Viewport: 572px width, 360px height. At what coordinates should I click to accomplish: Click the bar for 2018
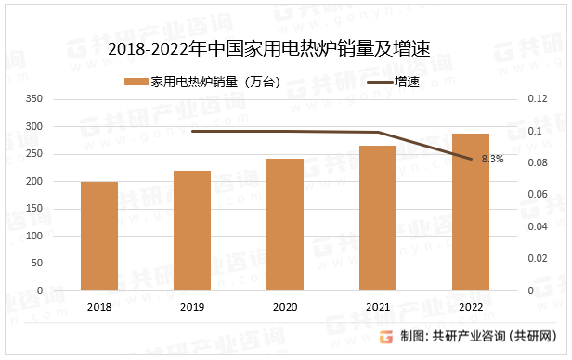(99, 236)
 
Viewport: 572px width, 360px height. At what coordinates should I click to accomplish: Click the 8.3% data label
(492, 159)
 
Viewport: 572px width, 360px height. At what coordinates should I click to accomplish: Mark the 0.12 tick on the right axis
(536, 98)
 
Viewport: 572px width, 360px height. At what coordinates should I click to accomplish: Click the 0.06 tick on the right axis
(536, 195)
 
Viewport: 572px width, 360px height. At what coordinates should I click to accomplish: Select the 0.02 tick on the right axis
(536, 259)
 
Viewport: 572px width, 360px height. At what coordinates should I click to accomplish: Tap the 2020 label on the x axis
(285, 306)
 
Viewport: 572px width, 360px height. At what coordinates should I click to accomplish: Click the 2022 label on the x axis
(471, 306)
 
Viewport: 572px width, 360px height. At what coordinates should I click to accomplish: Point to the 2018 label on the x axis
(99, 306)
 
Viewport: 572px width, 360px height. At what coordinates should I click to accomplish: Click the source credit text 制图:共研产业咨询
(484, 336)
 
